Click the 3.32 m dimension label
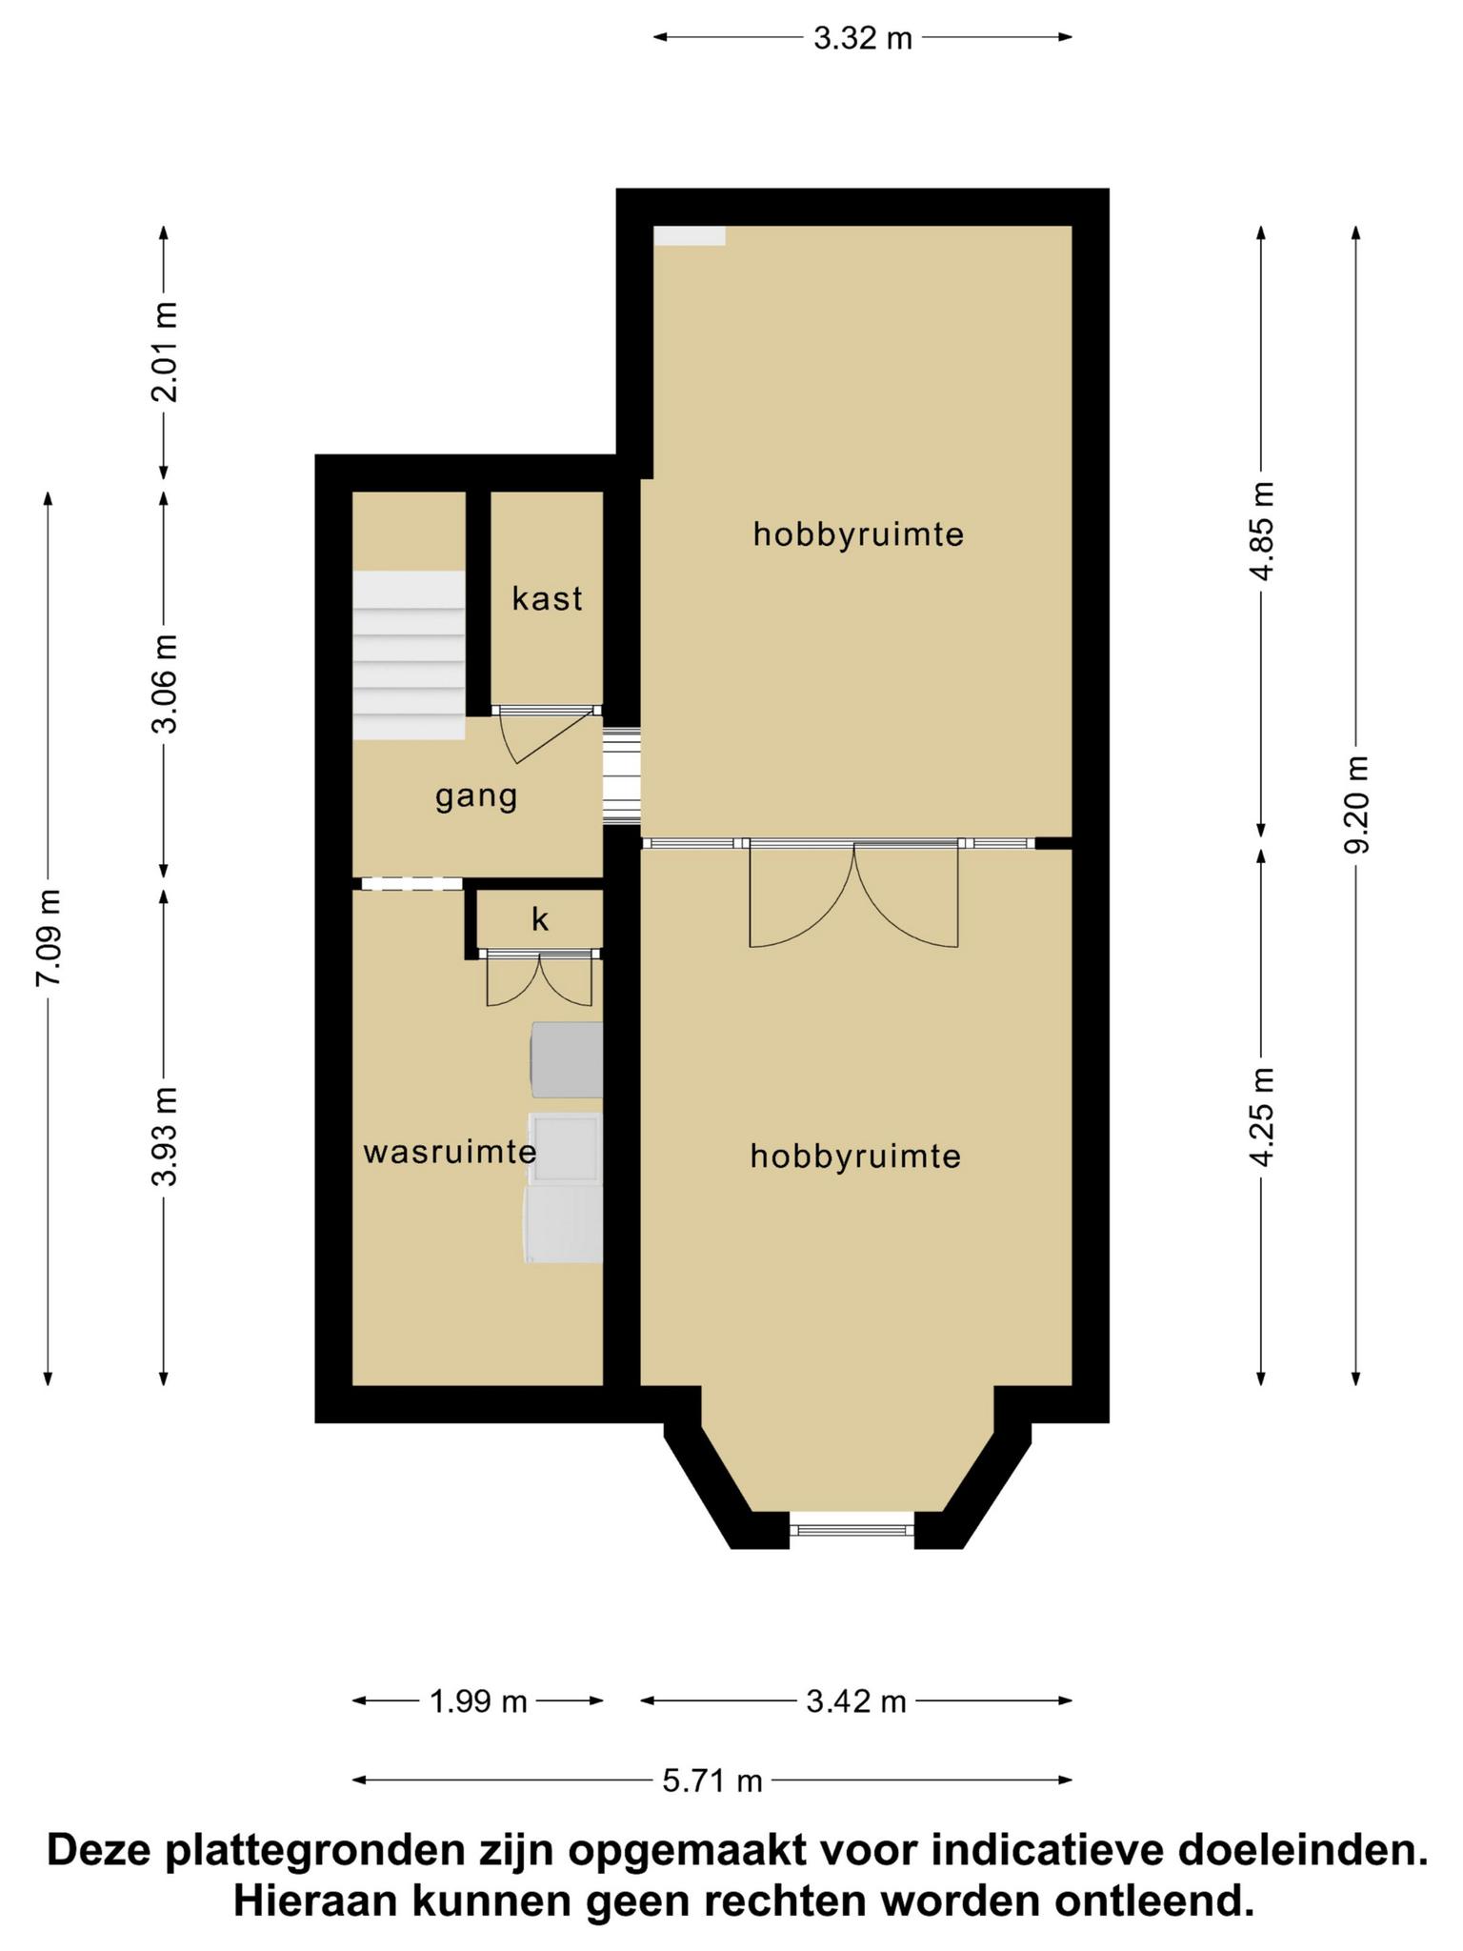pyautogui.click(x=862, y=38)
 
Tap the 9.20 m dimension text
pyautogui.click(x=1357, y=805)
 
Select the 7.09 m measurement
pyautogui.click(x=49, y=938)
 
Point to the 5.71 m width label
pyautogui.click(x=712, y=1780)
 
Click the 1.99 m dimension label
pyautogui.click(x=478, y=1700)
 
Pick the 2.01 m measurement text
pyautogui.click(x=165, y=352)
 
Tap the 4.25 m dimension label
pyautogui.click(x=1262, y=1117)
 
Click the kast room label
pyautogui.click(x=548, y=598)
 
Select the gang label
pyautogui.click(x=476, y=797)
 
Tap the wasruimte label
pyautogui.click(x=450, y=1153)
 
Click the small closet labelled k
pyautogui.click(x=540, y=919)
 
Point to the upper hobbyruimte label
pyautogui.click(x=858, y=533)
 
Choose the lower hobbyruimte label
pyautogui.click(x=855, y=1156)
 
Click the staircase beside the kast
pyautogui.click(x=409, y=654)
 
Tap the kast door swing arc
pyautogui.click(x=548, y=735)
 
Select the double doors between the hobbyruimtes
pyautogui.click(x=853, y=894)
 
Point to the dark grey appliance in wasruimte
pyautogui.click(x=566, y=1060)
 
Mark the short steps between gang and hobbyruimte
pyautogui.click(x=622, y=774)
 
